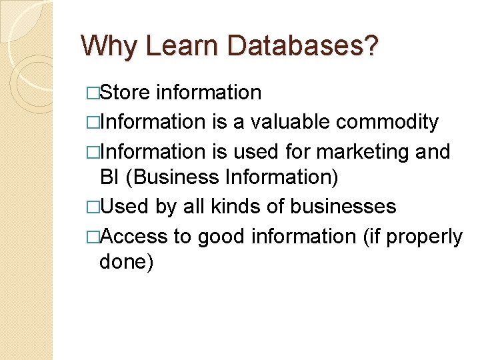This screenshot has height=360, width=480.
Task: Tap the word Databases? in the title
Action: (x=303, y=46)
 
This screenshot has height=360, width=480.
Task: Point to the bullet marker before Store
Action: (x=93, y=93)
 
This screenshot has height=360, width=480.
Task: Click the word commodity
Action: (x=387, y=122)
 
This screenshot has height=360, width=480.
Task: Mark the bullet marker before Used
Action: (x=93, y=207)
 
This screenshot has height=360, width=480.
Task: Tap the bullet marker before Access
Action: (x=93, y=237)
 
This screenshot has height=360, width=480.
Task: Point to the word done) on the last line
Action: (x=126, y=262)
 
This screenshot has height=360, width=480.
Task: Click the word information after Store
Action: (x=209, y=92)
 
